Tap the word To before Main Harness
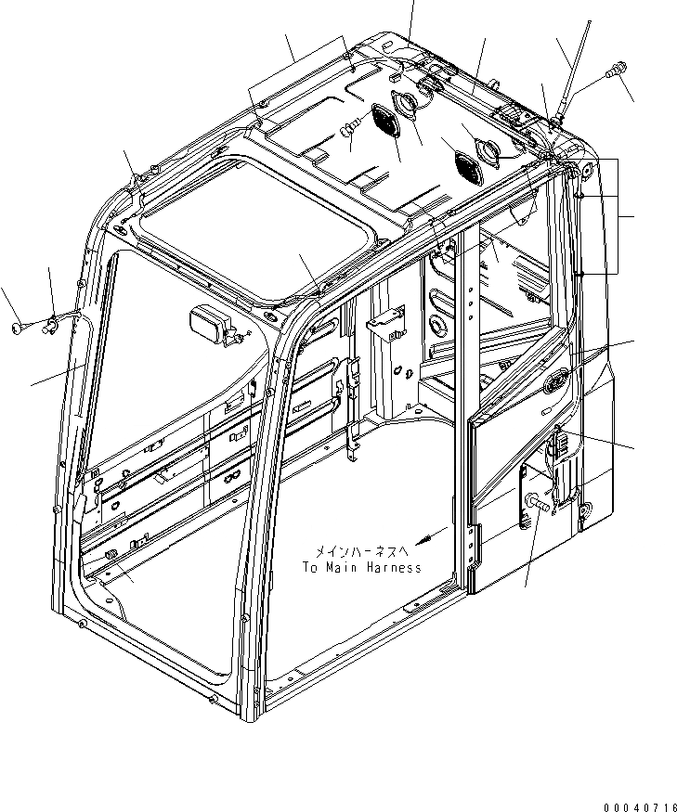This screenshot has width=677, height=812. click(310, 567)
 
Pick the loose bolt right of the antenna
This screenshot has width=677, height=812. click(615, 70)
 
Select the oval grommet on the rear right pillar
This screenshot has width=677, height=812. click(558, 380)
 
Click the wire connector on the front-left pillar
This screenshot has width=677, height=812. click(52, 323)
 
